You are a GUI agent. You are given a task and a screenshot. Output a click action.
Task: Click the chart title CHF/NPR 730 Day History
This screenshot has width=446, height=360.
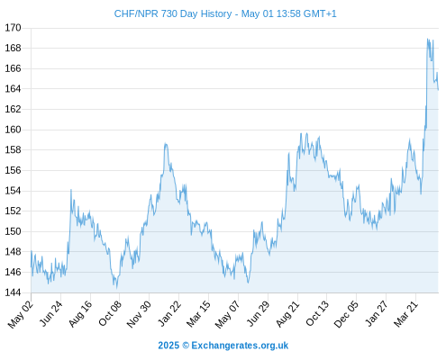click(x=173, y=13)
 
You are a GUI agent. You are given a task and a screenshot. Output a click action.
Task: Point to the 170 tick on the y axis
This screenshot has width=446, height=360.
click(x=13, y=28)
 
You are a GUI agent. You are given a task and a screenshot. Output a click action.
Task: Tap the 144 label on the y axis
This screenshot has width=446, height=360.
click(x=13, y=292)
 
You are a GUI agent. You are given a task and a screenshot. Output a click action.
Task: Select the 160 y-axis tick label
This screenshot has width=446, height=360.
click(x=13, y=130)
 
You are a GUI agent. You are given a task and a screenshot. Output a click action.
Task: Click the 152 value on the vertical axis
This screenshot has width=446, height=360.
click(x=13, y=211)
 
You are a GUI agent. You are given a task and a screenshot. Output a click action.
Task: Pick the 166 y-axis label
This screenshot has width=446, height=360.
click(x=13, y=68)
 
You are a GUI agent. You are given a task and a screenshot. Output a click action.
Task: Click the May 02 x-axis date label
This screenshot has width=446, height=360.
click(x=21, y=314)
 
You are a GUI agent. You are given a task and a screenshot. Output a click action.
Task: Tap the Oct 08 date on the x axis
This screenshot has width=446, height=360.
click(x=110, y=313)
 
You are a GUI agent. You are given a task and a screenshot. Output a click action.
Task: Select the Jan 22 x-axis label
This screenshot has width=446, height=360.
click(x=169, y=313)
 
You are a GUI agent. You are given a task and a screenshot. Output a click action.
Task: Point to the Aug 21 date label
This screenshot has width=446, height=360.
click(x=287, y=314)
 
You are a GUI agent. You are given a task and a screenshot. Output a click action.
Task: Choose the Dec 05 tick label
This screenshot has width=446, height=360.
click(x=346, y=314)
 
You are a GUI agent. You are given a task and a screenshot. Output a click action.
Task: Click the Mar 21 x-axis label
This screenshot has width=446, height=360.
click(x=406, y=313)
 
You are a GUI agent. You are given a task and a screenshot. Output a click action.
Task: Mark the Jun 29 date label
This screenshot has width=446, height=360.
click(x=259, y=313)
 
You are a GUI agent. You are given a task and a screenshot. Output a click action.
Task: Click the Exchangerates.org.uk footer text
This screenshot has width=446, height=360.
click(x=240, y=346)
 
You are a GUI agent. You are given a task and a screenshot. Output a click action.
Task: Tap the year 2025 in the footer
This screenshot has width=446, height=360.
click(x=168, y=346)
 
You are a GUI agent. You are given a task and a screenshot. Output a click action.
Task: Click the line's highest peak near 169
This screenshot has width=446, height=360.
click(x=427, y=39)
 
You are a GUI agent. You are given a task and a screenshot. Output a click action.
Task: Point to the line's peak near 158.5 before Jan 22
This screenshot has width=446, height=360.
click(x=166, y=143)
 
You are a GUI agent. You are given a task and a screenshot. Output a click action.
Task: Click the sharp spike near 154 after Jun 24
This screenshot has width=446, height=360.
click(x=71, y=190)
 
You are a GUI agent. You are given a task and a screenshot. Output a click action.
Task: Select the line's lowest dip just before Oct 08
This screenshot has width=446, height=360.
click(x=117, y=288)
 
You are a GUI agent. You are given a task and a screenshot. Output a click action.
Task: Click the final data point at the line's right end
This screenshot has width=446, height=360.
click(x=438, y=89)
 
